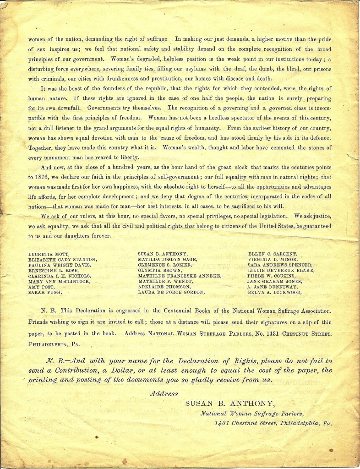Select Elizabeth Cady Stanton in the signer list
(x=62, y=259)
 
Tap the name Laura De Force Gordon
(x=171, y=292)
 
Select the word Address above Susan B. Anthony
(x=164, y=393)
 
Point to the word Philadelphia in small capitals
(x=48, y=342)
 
